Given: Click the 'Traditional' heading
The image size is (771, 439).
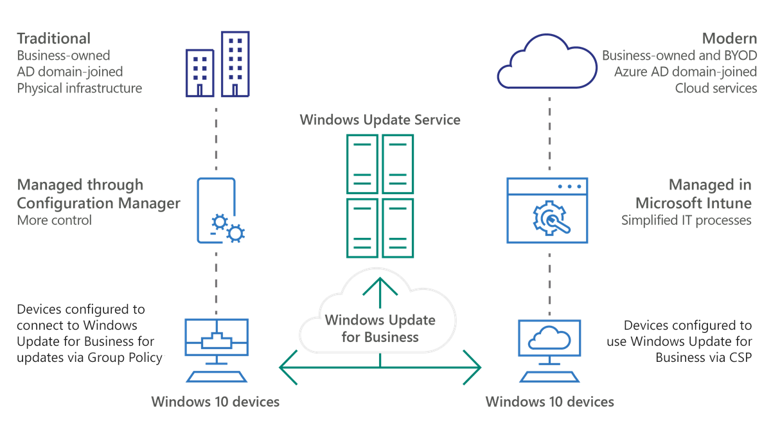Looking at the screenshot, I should [53, 39].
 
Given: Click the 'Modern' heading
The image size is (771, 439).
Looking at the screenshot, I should [729, 39].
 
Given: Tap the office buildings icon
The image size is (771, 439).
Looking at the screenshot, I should [217, 64].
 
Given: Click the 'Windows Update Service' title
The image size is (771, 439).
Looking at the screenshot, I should [380, 120].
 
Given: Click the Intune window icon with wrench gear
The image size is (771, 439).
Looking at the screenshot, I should [547, 211].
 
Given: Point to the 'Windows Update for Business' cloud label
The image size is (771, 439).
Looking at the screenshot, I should [380, 328].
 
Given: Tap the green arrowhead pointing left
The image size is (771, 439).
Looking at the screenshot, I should [287, 367].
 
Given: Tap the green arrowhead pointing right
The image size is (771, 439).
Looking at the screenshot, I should [473, 367].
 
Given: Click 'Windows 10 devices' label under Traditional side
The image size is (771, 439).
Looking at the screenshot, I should [215, 402].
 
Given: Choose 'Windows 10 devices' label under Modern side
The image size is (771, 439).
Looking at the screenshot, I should [549, 402].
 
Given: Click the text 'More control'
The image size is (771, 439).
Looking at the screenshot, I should [55, 220].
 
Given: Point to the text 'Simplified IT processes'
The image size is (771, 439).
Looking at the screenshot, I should [686, 220].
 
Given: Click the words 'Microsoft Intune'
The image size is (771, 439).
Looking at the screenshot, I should [693, 203].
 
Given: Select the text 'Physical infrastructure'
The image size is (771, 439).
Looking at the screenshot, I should [79, 88].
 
